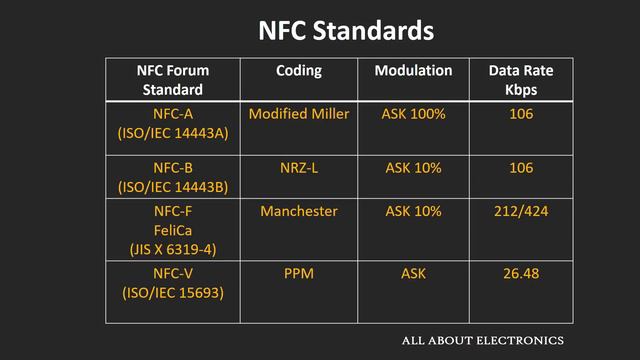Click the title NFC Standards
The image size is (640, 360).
346,30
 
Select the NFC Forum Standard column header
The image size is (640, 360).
173,79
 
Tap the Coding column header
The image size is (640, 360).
299,71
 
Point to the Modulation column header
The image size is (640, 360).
413,71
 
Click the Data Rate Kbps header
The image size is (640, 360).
520,79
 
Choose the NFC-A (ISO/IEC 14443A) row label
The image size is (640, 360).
173,123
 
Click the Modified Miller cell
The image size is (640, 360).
299,114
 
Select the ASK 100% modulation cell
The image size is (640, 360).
413,114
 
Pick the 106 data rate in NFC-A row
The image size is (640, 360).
520,114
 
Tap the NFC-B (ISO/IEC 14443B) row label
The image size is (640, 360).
173,176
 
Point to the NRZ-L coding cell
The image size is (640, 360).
299,167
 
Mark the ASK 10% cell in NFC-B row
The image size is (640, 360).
413,167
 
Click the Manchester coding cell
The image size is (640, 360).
299,211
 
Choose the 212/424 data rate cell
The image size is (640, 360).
520,211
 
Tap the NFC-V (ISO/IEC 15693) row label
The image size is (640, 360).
173,283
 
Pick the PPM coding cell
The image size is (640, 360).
299,274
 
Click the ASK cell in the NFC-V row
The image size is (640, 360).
413,274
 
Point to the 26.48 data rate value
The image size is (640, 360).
520,274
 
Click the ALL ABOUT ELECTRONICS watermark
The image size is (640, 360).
482,341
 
